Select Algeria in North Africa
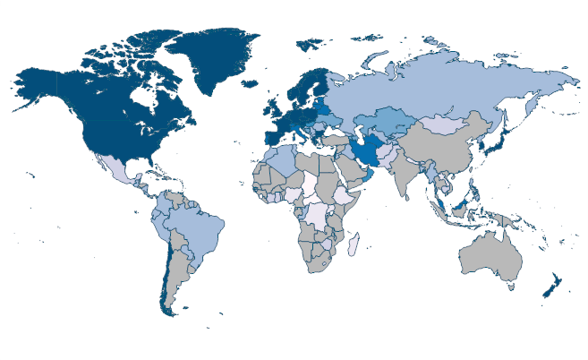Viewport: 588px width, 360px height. tap(281, 161)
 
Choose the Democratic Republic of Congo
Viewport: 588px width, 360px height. tap(319, 215)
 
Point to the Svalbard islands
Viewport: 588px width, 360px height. tap(310, 42)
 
